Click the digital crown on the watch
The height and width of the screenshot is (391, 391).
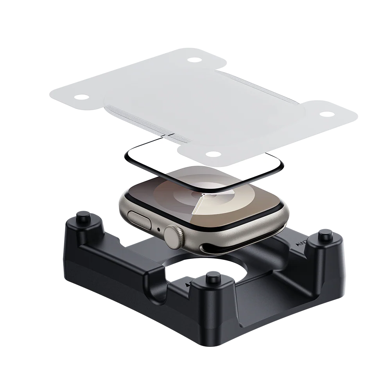click(173, 235)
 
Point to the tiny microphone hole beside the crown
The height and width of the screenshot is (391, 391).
click(158, 229)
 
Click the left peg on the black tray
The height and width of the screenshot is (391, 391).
click(83, 216)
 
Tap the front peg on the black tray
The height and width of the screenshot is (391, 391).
click(212, 278)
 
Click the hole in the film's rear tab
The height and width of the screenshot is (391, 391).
click(193, 60)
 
